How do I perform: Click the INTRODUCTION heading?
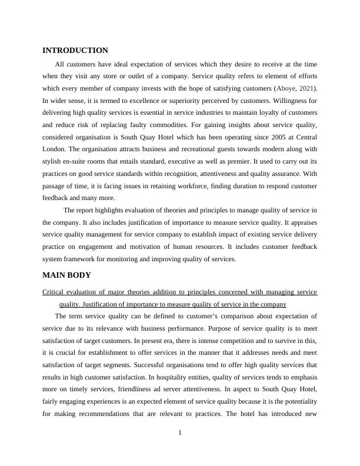point(75,51)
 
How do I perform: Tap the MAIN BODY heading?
point(66,275)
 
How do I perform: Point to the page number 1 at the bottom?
point(180,434)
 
